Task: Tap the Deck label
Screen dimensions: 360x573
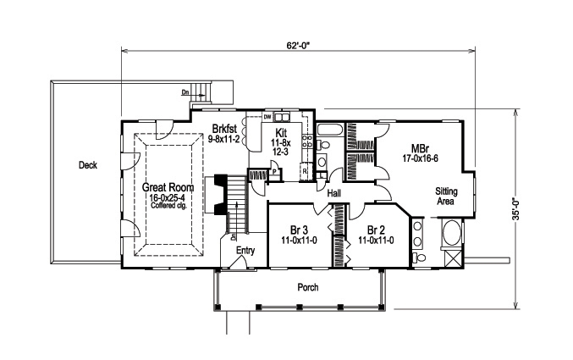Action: click(87, 165)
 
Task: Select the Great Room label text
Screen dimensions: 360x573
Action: click(169, 187)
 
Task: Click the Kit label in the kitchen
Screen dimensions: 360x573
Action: click(280, 134)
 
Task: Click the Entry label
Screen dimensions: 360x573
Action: click(245, 250)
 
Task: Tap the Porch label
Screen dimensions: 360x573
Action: click(307, 287)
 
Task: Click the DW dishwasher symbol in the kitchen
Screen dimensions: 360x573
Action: click(267, 116)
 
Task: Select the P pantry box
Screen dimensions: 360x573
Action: click(274, 171)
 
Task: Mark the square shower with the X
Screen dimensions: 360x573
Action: click(452, 258)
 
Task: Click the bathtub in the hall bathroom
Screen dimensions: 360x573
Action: click(331, 130)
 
